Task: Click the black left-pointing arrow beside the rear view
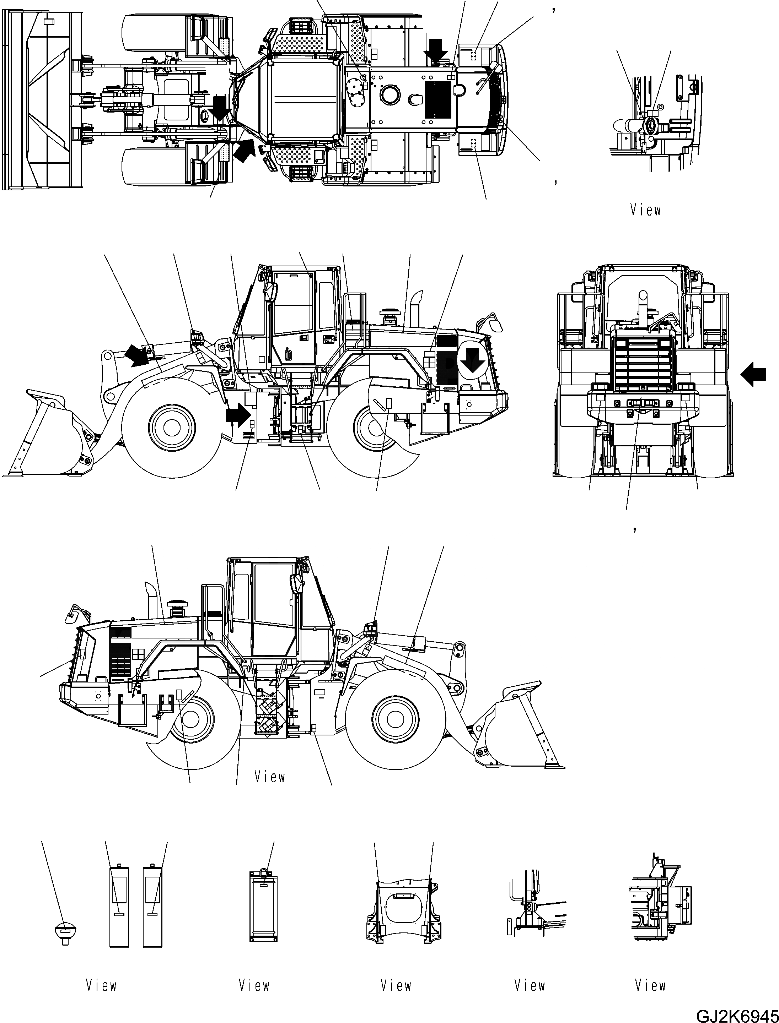753,374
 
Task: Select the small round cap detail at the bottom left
65,933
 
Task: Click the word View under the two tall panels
101,985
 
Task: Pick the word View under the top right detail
645,210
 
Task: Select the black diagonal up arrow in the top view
245,149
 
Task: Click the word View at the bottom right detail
650,985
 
